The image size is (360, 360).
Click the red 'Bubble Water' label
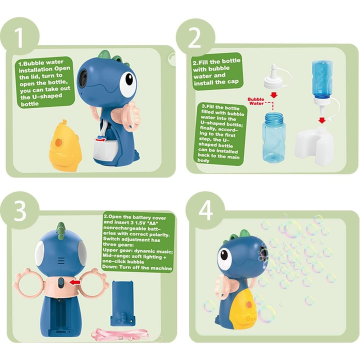click(255, 101)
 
